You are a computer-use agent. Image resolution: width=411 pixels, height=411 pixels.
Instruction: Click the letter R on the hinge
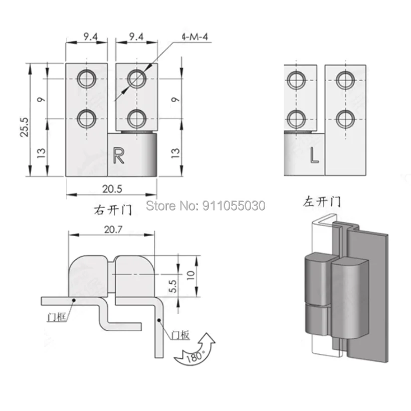(118, 155)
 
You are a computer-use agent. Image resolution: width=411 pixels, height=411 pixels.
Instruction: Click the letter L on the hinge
(314, 155)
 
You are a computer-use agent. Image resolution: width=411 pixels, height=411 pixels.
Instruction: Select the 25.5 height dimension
(24, 127)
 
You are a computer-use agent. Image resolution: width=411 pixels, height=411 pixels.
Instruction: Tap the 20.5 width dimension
(112, 189)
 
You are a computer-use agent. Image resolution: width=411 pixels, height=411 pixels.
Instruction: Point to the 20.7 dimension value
(113, 230)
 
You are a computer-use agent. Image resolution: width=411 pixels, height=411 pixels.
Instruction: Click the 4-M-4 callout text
(195, 37)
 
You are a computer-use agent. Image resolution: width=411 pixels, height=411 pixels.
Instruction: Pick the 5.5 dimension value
(173, 286)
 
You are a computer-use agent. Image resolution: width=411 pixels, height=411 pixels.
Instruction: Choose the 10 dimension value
(190, 275)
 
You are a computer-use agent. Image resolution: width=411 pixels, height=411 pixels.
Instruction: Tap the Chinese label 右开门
(113, 210)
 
